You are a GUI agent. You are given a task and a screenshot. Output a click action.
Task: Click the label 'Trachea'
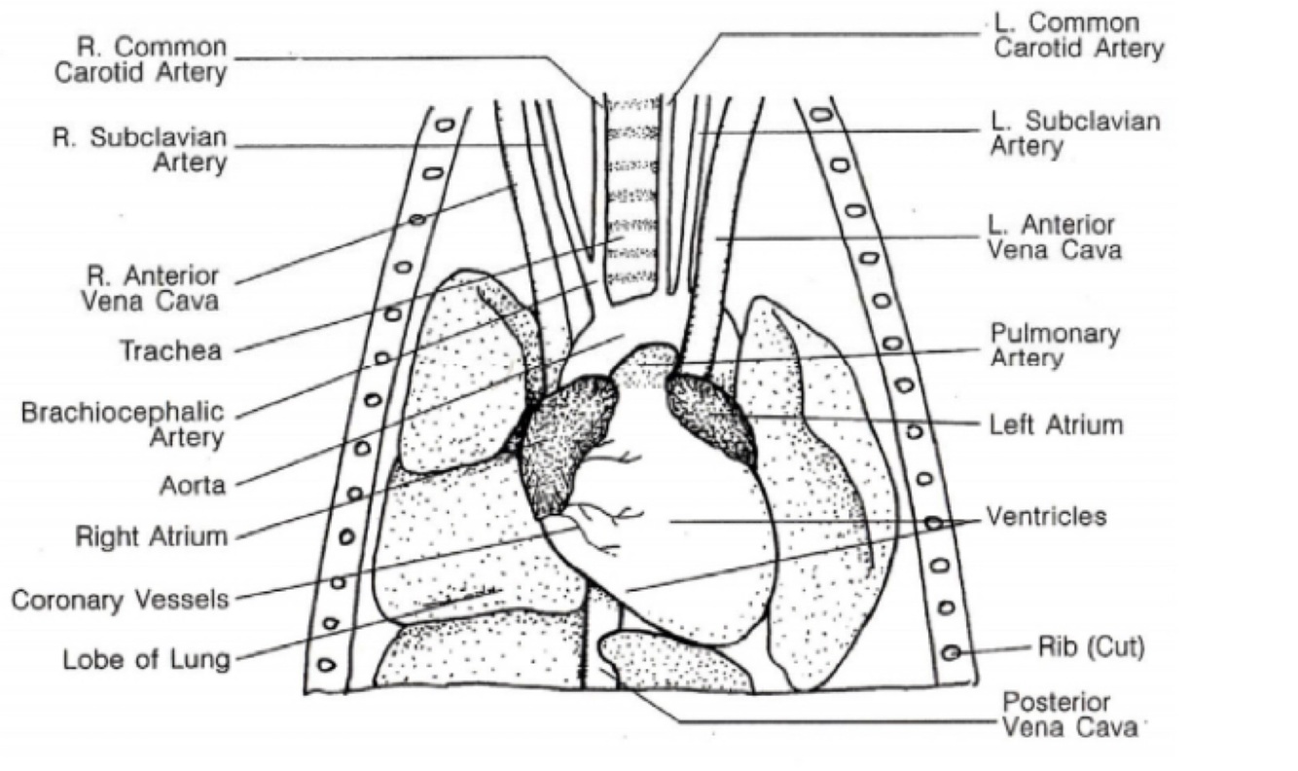point(170,350)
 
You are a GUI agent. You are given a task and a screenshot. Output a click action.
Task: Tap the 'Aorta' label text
point(193,484)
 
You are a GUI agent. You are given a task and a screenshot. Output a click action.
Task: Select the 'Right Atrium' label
point(152,536)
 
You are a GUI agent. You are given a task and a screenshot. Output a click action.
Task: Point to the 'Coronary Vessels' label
point(121,599)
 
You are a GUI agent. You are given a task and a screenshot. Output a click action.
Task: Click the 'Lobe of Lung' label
point(147,659)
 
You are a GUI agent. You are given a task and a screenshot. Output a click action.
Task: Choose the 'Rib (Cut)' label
point(1091,647)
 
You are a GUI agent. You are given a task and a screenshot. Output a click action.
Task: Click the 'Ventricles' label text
point(1047,516)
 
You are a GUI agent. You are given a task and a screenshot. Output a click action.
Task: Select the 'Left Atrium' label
point(1057,425)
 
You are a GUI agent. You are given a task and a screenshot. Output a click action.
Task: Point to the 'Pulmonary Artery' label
point(1055,346)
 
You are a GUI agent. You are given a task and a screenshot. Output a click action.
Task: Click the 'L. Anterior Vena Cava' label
point(1055,238)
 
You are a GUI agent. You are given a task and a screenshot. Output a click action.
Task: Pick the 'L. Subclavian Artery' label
point(1075,133)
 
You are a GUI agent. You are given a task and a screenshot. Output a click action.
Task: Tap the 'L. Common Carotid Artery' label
point(1078,35)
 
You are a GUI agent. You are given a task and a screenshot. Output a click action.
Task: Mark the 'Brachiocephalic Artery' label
point(123,424)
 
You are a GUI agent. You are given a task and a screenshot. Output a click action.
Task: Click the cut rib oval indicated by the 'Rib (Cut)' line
point(952,652)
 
